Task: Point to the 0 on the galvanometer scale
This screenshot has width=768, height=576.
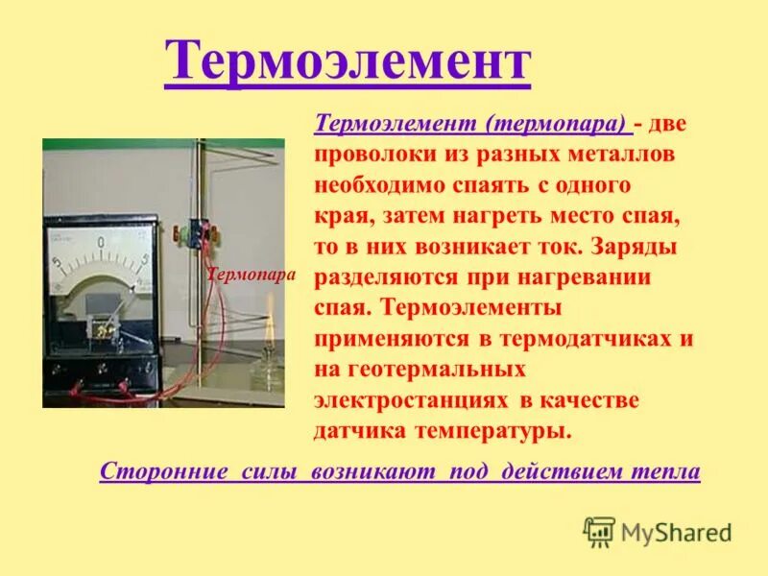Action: coord(100,244)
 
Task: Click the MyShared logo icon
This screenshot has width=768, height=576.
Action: coord(599,531)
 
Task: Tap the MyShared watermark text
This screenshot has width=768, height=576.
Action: coord(676,532)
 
